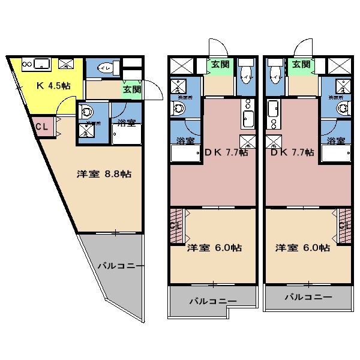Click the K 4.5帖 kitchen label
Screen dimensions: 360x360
click(53, 86)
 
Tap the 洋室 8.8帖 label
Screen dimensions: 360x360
click(104, 174)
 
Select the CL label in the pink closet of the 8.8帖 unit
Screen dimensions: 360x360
click(41, 127)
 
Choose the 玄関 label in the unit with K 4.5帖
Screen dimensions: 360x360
click(132, 89)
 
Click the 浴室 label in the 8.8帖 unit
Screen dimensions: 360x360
click(127, 123)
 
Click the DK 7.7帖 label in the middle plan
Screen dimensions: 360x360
click(226, 152)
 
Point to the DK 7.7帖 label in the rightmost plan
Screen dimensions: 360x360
click(292, 152)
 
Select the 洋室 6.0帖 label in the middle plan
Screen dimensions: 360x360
click(214, 247)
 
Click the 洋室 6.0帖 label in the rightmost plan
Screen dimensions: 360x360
click(302, 247)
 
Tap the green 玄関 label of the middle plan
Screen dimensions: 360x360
click(220, 64)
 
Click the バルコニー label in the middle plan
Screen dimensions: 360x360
click(213, 302)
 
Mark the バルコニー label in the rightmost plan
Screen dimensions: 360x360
click(308, 297)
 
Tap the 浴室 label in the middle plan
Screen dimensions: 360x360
click(185, 141)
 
